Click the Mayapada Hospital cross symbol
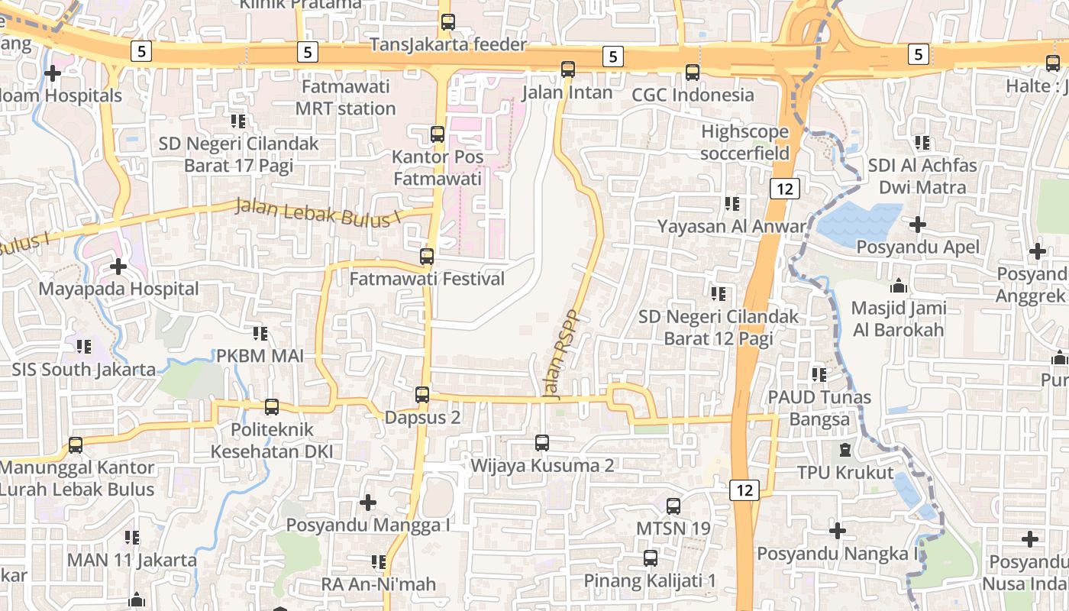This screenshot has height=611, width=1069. pos(118,267)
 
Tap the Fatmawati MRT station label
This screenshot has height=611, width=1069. pos(346,97)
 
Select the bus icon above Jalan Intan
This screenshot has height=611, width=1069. pos(568,70)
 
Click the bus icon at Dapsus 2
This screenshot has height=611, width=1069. pos(422,395)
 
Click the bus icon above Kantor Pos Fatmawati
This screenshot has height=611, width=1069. pos(438,134)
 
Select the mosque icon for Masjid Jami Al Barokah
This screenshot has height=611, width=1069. pos(899,286)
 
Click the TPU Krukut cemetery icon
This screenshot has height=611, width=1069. pos(845,450)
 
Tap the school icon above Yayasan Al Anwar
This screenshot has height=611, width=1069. pos(732,204)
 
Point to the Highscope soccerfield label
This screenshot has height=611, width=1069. pos(745,143)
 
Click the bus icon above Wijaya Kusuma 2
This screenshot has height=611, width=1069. pos(542,442)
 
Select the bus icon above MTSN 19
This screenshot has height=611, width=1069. pos(673,506)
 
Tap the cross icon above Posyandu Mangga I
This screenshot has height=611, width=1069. pos(368,503)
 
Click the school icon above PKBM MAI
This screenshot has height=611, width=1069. pos(260,334)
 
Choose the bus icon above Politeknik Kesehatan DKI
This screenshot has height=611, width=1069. pos(272,407)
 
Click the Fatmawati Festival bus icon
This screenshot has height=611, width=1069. pos(427,257)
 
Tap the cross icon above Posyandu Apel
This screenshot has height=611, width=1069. pos(918,225)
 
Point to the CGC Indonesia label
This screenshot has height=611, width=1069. pos(693,95)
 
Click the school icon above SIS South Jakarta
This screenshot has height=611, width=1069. pos(84,347)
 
